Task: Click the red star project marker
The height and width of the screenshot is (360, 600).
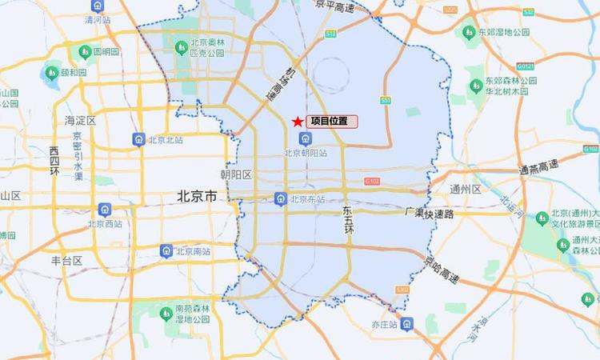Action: [x=298, y=122]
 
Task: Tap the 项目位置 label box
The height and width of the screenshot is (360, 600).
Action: [x=331, y=122]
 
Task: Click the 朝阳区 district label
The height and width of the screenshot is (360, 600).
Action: [x=236, y=174]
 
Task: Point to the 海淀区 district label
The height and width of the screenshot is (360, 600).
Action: [x=80, y=121]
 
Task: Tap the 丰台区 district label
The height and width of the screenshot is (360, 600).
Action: [x=67, y=261]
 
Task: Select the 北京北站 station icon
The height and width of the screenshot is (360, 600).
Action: [x=139, y=140]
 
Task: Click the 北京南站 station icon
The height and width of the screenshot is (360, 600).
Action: [x=166, y=250]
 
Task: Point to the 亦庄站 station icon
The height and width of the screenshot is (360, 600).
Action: [x=408, y=324]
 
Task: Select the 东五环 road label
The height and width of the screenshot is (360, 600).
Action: [x=348, y=220]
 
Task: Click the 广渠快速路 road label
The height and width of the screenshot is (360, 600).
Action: [x=429, y=214]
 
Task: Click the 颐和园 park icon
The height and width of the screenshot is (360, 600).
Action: [x=51, y=73]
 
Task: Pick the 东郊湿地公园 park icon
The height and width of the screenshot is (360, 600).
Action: [x=470, y=32]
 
